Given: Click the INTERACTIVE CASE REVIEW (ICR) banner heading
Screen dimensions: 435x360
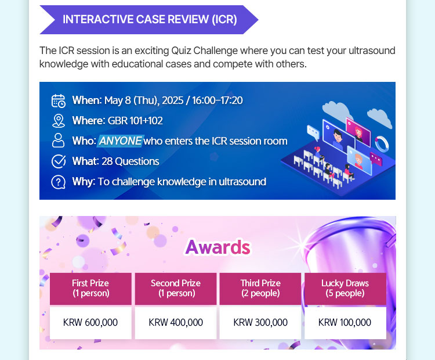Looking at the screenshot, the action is tap(150, 20).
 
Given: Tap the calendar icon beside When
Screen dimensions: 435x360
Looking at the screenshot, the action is tap(59, 100).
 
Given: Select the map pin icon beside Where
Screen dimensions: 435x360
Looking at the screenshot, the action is tap(59, 121).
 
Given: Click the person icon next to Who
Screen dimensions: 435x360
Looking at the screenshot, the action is tap(58, 141).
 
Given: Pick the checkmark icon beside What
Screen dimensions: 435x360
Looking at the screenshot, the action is tap(59, 161).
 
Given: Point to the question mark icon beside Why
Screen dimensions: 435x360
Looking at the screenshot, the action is tap(58, 182).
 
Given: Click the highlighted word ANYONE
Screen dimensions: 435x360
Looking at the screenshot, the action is tap(121, 141).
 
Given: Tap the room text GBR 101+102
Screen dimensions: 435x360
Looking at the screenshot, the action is tap(135, 121).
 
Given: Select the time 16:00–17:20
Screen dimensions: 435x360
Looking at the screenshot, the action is tap(217, 100).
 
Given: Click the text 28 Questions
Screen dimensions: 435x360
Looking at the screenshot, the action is tap(130, 161).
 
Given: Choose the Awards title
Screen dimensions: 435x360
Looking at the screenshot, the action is tap(217, 247).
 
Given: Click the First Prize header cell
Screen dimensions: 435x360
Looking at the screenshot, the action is tap(90, 289).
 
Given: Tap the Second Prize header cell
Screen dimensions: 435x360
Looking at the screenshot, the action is tap(176, 289).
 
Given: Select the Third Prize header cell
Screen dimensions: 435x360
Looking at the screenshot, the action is tap(260, 289).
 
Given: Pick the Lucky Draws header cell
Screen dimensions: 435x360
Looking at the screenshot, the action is tap(346, 289).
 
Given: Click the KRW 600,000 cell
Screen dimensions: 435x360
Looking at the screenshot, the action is tap(90, 322).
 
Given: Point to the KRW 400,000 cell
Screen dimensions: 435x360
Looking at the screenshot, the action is tap(176, 322).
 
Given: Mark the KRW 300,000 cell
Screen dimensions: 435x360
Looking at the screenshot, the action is tap(260, 322).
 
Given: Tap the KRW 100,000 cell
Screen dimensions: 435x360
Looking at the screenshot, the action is tap(346, 322).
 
